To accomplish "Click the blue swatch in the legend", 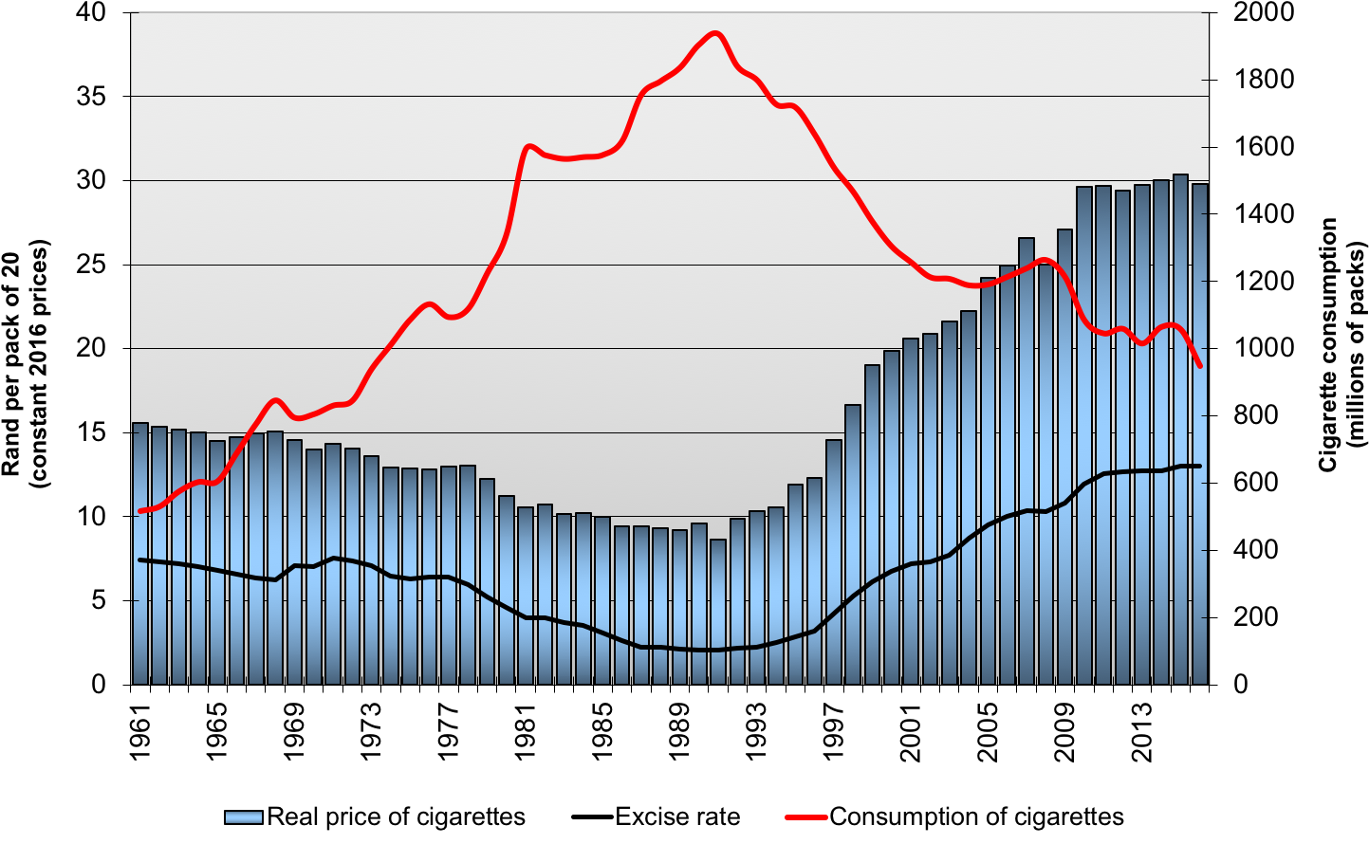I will (243, 817).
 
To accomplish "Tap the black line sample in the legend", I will (593, 817).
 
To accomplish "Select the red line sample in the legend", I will (806, 817).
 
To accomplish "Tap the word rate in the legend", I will (718, 817).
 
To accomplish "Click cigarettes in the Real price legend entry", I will (471, 817).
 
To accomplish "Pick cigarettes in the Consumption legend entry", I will (1069, 817).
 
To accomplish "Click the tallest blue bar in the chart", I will (1180, 427).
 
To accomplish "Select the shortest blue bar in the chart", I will (718, 612).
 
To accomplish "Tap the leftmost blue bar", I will (140, 553).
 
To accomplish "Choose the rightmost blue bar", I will (1200, 432).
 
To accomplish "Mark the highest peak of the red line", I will (716, 33).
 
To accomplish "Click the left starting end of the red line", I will (140, 511).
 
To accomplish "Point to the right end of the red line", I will (1201, 366).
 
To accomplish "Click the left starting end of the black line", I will (140, 560).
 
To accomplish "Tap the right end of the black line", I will (1200, 466).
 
